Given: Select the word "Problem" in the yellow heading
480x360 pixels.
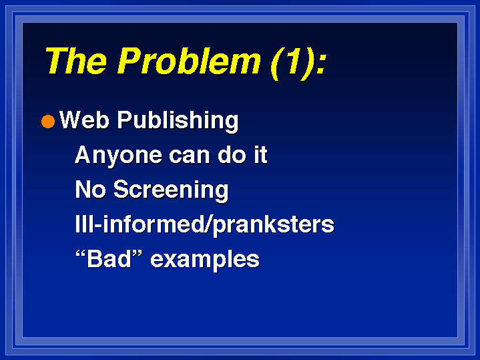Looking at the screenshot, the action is point(189,61).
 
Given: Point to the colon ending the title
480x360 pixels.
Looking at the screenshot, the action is point(321,63).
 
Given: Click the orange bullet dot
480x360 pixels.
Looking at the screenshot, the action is point(48,122).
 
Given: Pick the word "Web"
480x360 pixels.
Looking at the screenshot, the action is point(84,120).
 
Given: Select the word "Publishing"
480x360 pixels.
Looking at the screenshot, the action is point(178,121).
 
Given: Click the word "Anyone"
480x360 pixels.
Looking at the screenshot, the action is point(118,156).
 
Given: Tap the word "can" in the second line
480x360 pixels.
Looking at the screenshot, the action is point(189,156).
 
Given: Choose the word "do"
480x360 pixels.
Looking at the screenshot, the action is point(232,155).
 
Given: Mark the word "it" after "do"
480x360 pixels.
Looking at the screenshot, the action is point(261,155).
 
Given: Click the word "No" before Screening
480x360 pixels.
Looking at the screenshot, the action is point(90,189).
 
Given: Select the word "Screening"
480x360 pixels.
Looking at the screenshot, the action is point(171,190).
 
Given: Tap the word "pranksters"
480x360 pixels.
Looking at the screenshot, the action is point(273,226).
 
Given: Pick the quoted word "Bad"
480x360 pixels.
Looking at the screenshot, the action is point(109,259).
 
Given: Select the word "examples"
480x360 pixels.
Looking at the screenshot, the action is point(205,260).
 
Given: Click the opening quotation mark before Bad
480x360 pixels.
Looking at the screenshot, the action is point(80,254).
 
